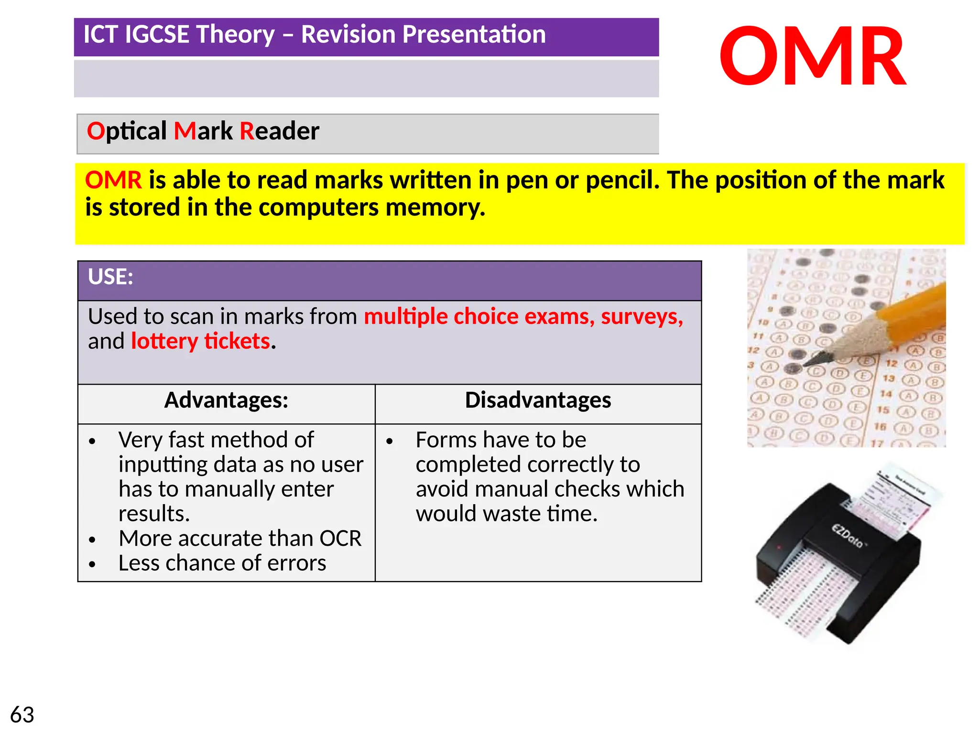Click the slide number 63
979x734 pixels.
coord(22,715)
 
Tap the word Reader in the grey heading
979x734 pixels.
coord(279,131)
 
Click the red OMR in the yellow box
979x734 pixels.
coord(113,180)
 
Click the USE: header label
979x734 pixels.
coord(110,277)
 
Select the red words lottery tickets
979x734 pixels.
coord(201,341)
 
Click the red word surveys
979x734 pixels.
coord(642,316)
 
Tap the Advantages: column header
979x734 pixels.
coord(226,400)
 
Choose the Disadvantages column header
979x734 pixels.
coord(538,400)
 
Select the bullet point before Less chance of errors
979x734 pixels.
coord(92,564)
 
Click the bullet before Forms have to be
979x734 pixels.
coord(390,441)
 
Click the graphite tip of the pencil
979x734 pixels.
coord(819,358)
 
